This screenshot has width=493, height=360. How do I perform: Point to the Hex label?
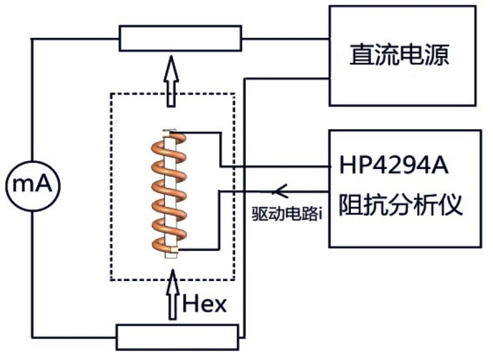pyautogui.click(x=205, y=303)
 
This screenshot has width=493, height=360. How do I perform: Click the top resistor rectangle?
pyautogui.click(x=177, y=38)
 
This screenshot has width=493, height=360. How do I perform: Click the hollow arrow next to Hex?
pyautogui.click(x=172, y=297)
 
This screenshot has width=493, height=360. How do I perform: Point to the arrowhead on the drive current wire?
pyautogui.click(x=281, y=190)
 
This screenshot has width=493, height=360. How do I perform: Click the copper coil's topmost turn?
pyautogui.click(x=171, y=140)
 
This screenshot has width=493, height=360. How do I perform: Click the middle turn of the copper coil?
pyautogui.click(x=170, y=192)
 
